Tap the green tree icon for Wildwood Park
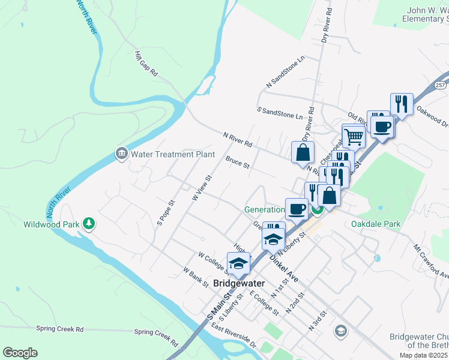[x=89, y=224]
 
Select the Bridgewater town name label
[x=238, y=283]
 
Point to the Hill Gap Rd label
[x=146, y=64]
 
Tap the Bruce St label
[x=237, y=163]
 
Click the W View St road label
[x=202, y=188]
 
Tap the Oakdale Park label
[x=375, y=224]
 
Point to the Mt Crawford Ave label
[x=431, y=260]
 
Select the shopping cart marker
[x=354, y=136]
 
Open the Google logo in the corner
[x=20, y=353]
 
